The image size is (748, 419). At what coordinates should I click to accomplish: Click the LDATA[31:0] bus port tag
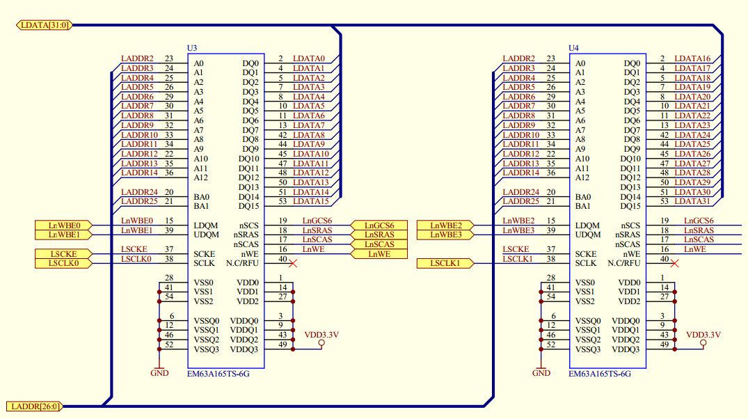tap(43, 25)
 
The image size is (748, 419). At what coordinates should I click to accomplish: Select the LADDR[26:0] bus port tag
tap(34, 406)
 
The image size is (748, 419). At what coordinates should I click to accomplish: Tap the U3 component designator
tap(192, 48)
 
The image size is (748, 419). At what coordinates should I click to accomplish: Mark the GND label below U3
tap(159, 373)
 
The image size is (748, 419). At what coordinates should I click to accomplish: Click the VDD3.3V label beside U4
tap(703, 335)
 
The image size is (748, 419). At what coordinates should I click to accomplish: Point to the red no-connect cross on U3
tap(293, 263)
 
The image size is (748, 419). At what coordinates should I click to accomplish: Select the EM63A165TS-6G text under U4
tap(599, 374)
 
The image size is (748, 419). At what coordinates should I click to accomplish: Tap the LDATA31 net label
tap(692, 202)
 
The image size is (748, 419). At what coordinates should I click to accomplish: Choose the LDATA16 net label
tap(692, 59)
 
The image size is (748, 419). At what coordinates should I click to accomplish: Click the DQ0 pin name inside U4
tap(631, 63)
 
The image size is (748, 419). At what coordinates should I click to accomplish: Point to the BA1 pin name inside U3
tap(201, 206)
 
